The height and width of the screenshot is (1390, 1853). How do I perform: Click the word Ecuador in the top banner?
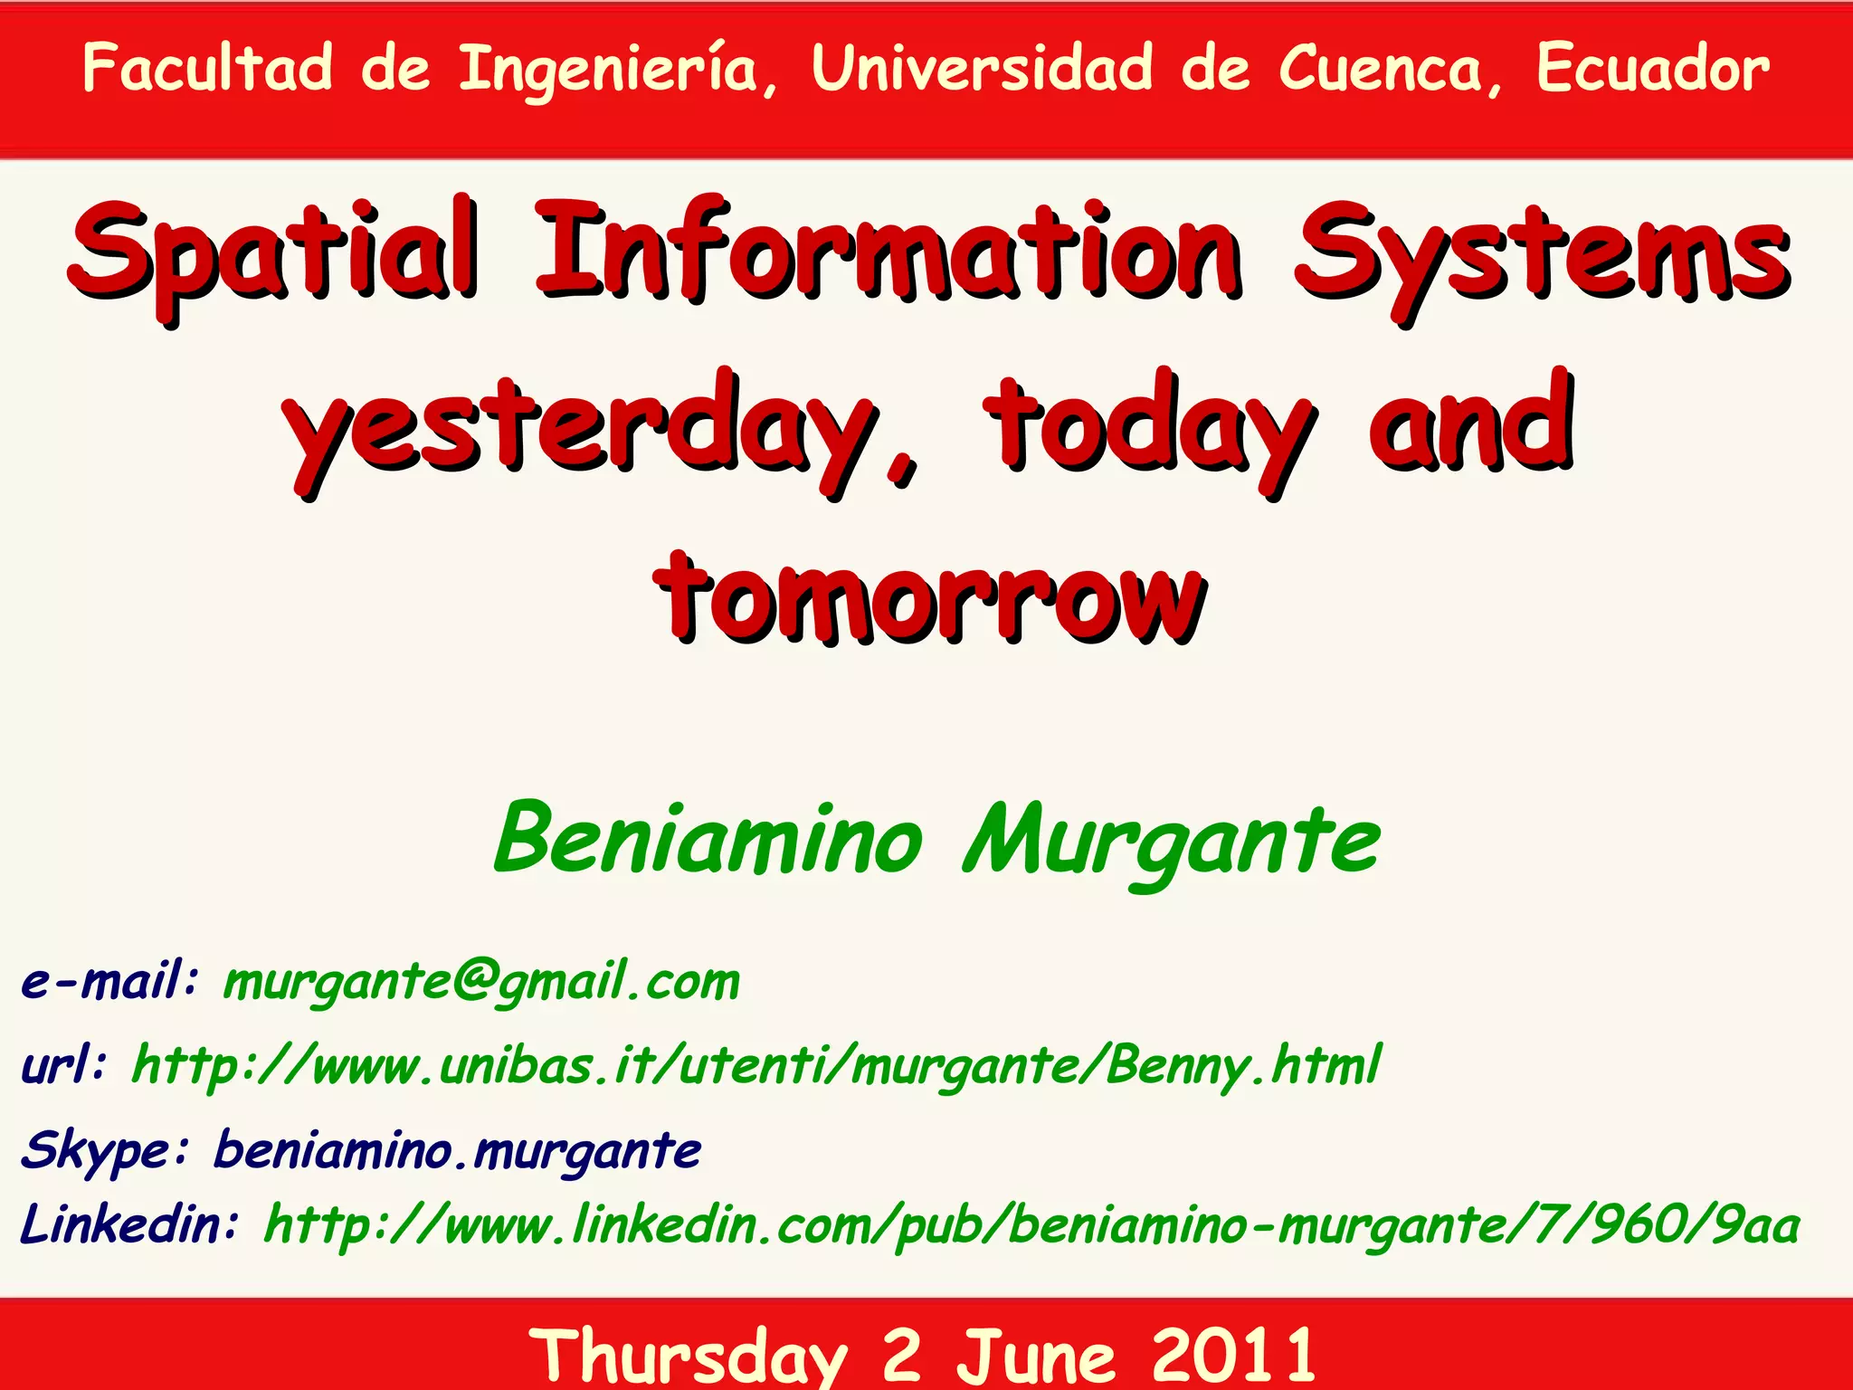(1652, 69)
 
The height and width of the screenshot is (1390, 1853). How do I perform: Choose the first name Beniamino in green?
(708, 839)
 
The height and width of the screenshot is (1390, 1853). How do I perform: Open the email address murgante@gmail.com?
(481, 983)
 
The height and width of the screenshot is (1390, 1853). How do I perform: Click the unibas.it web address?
(756, 1065)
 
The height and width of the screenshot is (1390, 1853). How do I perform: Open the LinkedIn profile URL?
(1031, 1226)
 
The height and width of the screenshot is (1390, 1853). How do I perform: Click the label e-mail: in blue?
(109, 981)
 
